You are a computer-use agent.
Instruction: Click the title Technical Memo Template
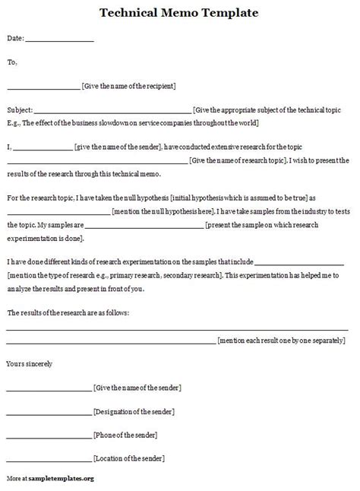pyautogui.click(x=178, y=13)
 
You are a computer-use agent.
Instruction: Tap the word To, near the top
pyautogui.click(x=11, y=63)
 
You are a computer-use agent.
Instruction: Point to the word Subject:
pyautogui.click(x=19, y=110)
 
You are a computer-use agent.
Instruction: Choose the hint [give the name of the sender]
pyautogui.click(x=116, y=147)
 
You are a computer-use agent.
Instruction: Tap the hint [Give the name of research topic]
pyautogui.click(x=237, y=160)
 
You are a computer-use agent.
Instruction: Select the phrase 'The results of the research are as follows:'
pyautogui.click(x=68, y=313)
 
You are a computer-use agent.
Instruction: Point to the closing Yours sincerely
pyautogui.click(x=29, y=364)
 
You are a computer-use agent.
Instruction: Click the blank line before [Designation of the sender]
pyautogui.click(x=49, y=413)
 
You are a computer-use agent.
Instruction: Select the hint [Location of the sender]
pyautogui.click(x=129, y=459)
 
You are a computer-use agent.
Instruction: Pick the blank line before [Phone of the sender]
pyautogui.click(x=49, y=437)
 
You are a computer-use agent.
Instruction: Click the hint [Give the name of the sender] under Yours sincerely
pyautogui.click(x=137, y=388)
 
